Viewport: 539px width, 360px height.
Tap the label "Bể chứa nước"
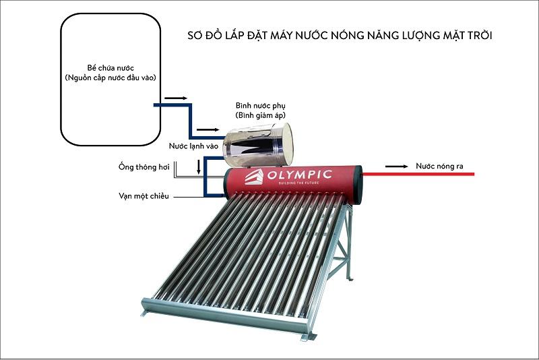110,69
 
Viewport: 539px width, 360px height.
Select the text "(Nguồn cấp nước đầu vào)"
110,78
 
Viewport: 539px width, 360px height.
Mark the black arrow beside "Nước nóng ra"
400,165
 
